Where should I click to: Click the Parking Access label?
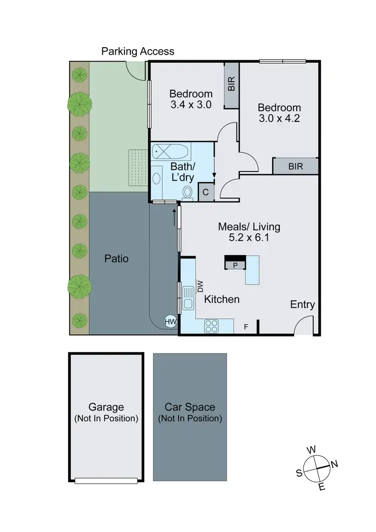pos(138,51)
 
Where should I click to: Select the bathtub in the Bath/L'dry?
pos(170,150)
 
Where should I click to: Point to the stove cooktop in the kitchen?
pos(212,326)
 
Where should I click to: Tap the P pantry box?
pos(235,265)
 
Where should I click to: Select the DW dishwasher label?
pos(200,286)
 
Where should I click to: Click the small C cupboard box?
pos(206,192)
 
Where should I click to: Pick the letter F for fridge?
pos(246,327)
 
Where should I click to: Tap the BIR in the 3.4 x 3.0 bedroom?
pos(231,84)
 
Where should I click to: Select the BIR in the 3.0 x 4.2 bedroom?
pos(295,166)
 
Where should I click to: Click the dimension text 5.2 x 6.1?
pos(249,238)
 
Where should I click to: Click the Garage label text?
pos(106,407)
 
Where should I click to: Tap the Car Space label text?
pos(190,407)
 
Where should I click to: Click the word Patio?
pos(116,259)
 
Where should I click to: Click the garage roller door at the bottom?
pos(106,480)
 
